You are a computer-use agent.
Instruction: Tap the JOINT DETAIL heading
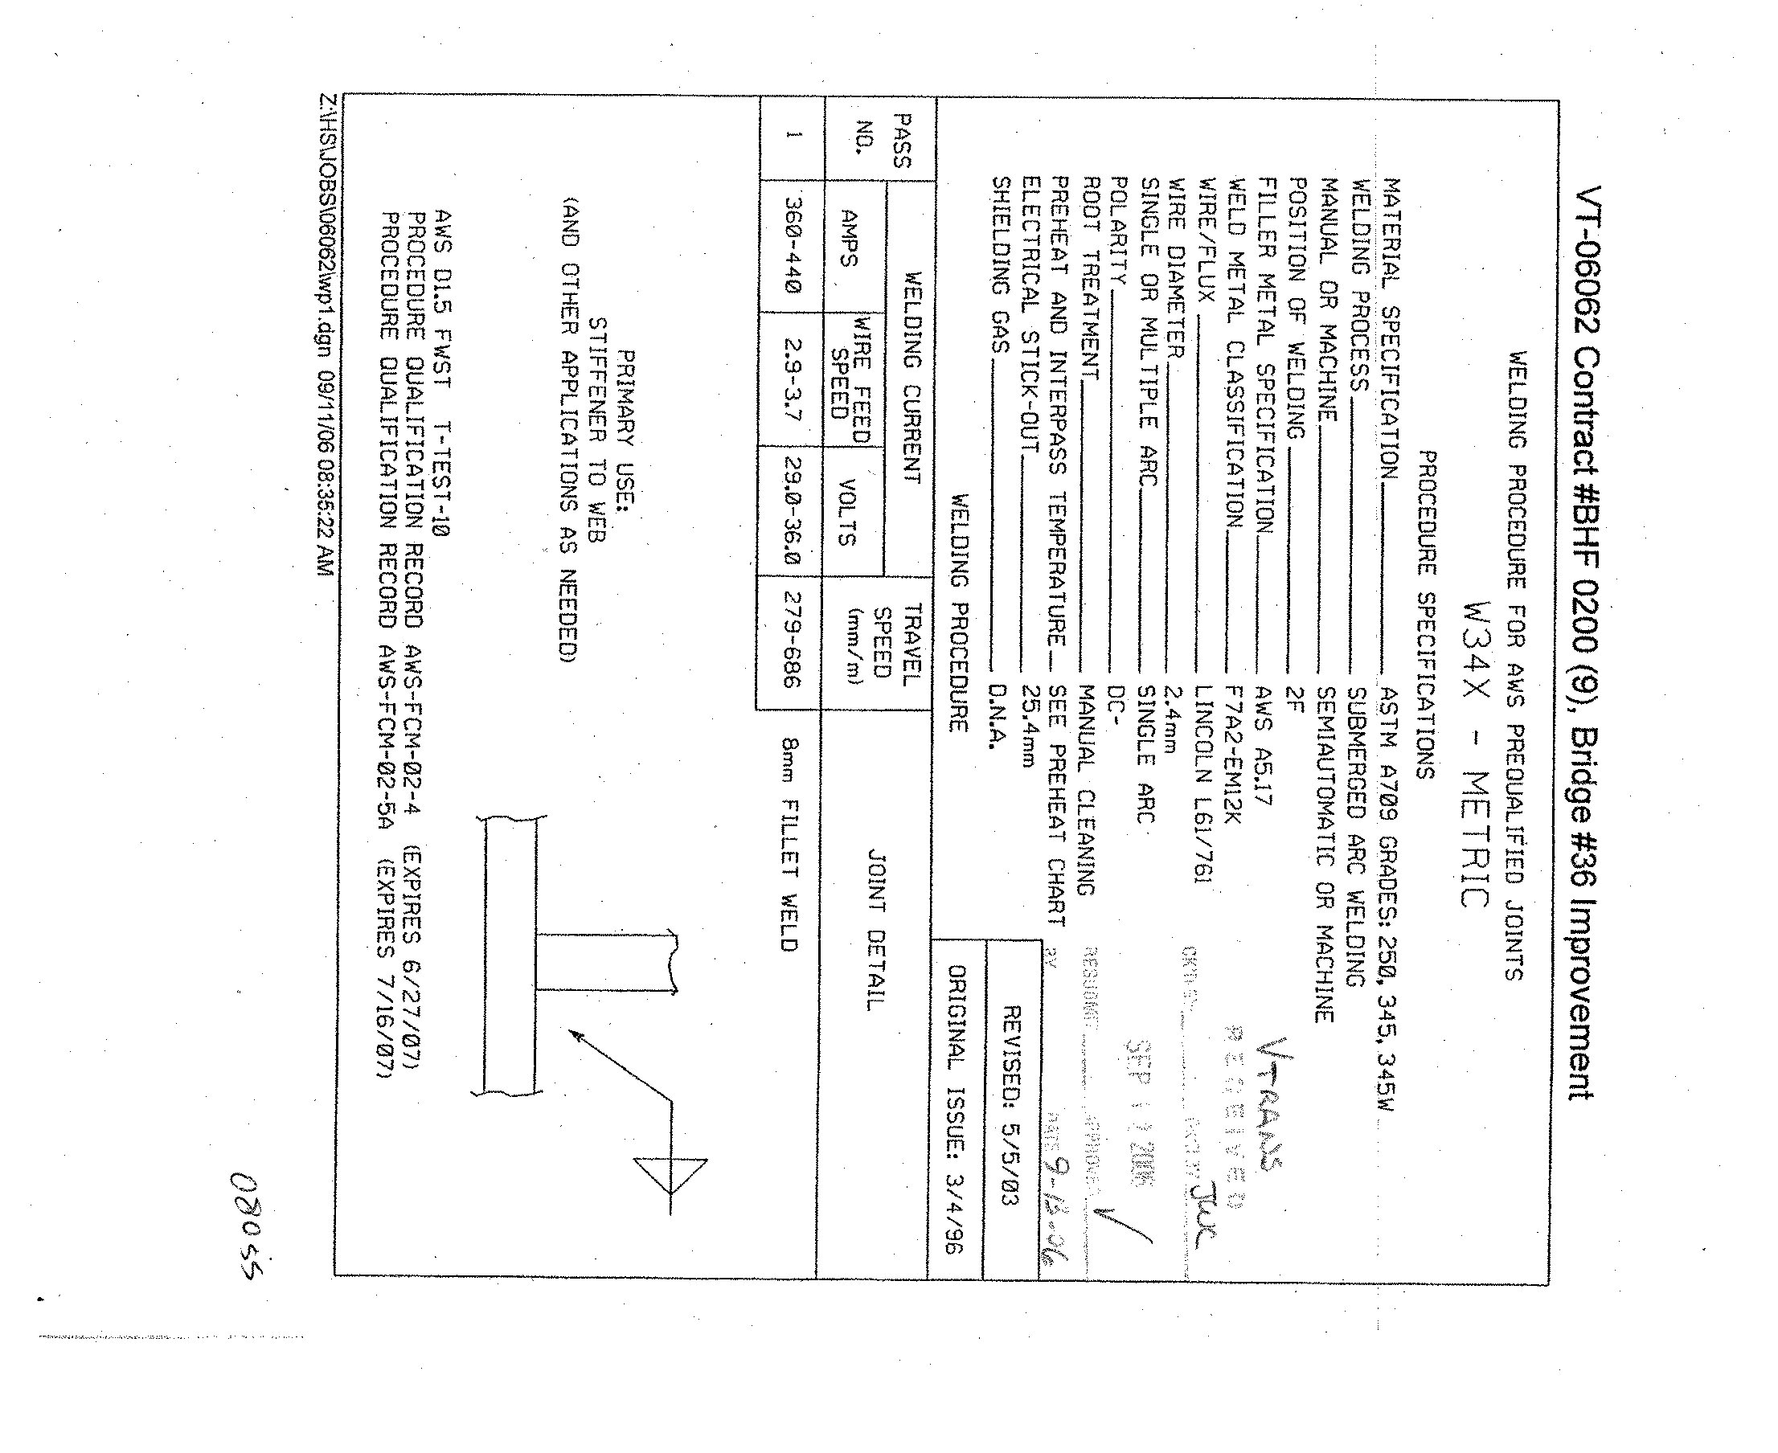(875, 930)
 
